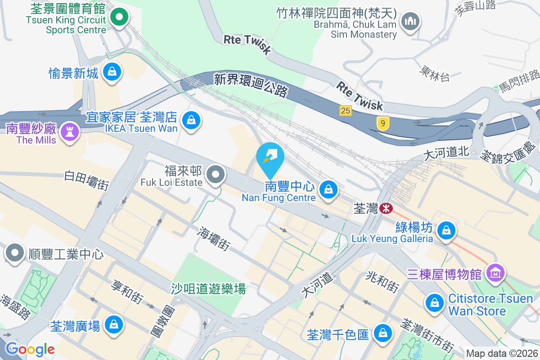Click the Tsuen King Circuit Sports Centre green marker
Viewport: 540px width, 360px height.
(119, 18)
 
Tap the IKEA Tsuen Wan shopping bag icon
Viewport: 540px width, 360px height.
(191, 120)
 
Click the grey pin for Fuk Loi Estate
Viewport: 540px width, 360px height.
(216, 175)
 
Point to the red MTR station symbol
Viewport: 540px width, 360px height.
(386, 208)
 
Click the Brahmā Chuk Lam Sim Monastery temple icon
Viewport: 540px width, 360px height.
(410, 21)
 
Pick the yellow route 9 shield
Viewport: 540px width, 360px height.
(382, 123)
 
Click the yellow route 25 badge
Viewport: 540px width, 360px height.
(346, 110)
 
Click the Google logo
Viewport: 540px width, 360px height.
(30, 349)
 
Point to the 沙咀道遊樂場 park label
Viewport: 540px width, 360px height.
(208, 289)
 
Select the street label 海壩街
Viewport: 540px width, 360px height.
(214, 238)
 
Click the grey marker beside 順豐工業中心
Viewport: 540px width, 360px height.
(15, 253)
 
